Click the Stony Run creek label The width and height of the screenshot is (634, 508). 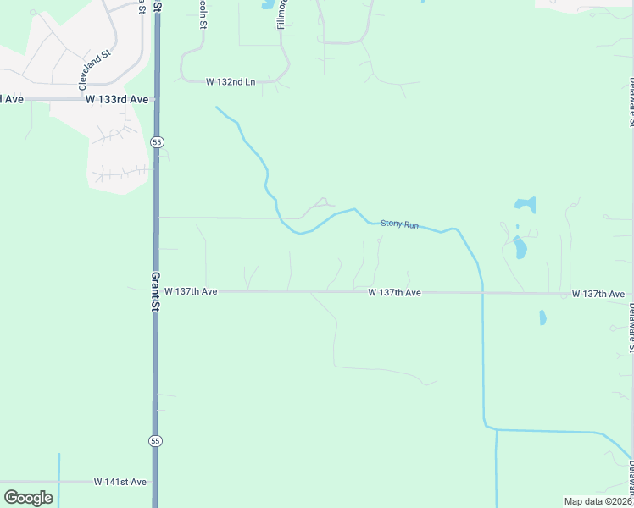click(x=399, y=224)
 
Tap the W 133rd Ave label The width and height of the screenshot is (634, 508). click(x=117, y=99)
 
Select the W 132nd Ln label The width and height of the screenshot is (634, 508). click(x=231, y=82)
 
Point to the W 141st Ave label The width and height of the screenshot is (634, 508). click(x=120, y=482)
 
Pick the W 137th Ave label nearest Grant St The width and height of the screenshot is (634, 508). click(x=191, y=291)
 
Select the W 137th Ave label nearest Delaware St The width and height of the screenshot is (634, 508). click(x=598, y=294)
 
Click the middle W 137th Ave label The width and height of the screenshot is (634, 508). click(x=395, y=292)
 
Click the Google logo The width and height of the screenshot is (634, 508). click(x=28, y=498)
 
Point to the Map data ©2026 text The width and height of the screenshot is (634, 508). click(x=598, y=501)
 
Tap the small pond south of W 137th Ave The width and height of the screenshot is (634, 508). click(x=542, y=317)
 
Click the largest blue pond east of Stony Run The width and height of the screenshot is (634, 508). click(x=519, y=247)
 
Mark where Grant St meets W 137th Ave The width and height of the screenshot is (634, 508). click(x=156, y=291)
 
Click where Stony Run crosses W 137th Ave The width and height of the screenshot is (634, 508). click(x=482, y=293)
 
